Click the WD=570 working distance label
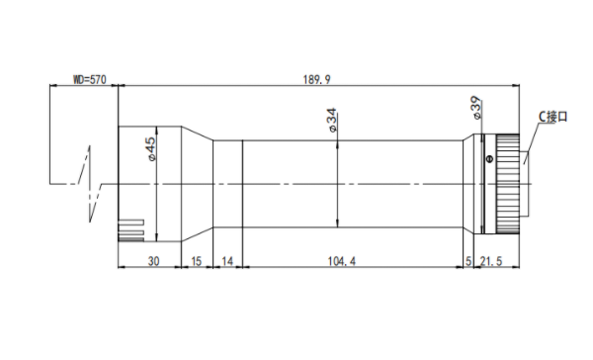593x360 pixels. (90, 80)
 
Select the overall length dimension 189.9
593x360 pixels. (316, 80)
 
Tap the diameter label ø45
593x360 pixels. (150, 149)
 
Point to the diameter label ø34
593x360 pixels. (331, 120)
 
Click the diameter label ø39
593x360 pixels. (476, 108)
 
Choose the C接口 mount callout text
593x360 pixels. (553, 117)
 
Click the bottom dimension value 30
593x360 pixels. (153, 261)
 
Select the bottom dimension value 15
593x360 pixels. (197, 261)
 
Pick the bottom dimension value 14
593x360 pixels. (227, 261)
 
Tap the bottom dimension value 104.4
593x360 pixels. (342, 261)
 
